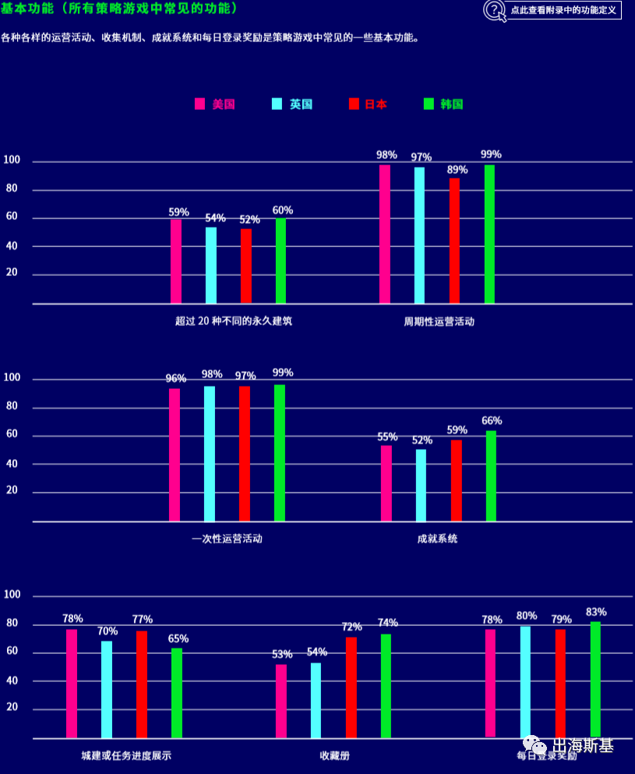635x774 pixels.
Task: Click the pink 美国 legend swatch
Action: pos(199,104)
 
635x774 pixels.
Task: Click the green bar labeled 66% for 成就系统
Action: pos(491,475)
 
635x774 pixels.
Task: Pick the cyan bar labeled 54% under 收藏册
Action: pos(316,699)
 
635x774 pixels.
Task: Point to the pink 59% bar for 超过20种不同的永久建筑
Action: pos(176,261)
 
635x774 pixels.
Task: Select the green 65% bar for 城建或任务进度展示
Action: pos(177,692)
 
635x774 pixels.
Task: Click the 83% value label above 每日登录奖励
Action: pos(597,612)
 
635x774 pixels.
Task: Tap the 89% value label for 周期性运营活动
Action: pos(457,169)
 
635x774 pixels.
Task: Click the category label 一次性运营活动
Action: pos(227,539)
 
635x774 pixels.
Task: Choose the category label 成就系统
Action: pos(437,539)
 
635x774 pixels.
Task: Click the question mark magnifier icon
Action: pos(494,10)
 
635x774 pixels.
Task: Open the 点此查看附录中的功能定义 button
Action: pos(563,11)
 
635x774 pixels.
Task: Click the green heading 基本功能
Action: pos(23,9)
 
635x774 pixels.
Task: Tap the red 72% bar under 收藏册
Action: pos(351,687)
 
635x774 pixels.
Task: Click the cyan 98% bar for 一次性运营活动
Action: pos(210,454)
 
